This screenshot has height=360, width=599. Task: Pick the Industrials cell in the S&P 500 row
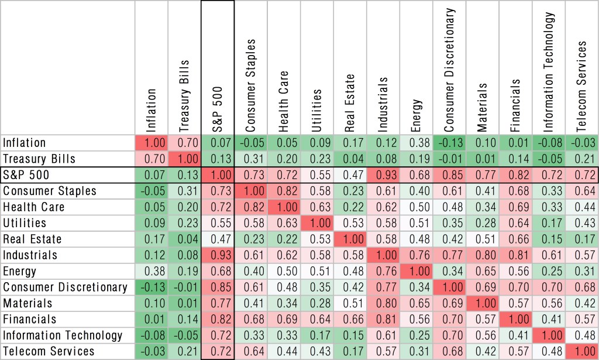click(x=383, y=175)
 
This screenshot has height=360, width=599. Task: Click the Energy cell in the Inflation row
click(x=416, y=143)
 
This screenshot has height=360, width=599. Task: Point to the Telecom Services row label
click(x=49, y=351)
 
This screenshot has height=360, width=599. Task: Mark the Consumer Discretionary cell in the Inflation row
click(x=449, y=143)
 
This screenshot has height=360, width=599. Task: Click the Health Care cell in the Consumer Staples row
click(x=284, y=191)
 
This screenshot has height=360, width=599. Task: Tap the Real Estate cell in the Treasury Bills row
click(x=350, y=159)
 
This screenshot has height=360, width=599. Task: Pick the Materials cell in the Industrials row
click(x=483, y=255)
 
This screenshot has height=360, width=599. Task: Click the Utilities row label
click(x=25, y=223)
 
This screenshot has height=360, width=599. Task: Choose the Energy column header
click(x=416, y=114)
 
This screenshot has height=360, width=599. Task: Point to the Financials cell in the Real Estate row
click(x=515, y=239)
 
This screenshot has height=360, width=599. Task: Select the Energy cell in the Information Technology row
click(x=416, y=335)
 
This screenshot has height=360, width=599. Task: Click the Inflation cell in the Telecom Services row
click(x=152, y=351)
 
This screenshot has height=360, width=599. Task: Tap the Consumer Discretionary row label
click(x=64, y=287)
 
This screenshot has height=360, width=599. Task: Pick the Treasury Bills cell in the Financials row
click(x=184, y=320)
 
